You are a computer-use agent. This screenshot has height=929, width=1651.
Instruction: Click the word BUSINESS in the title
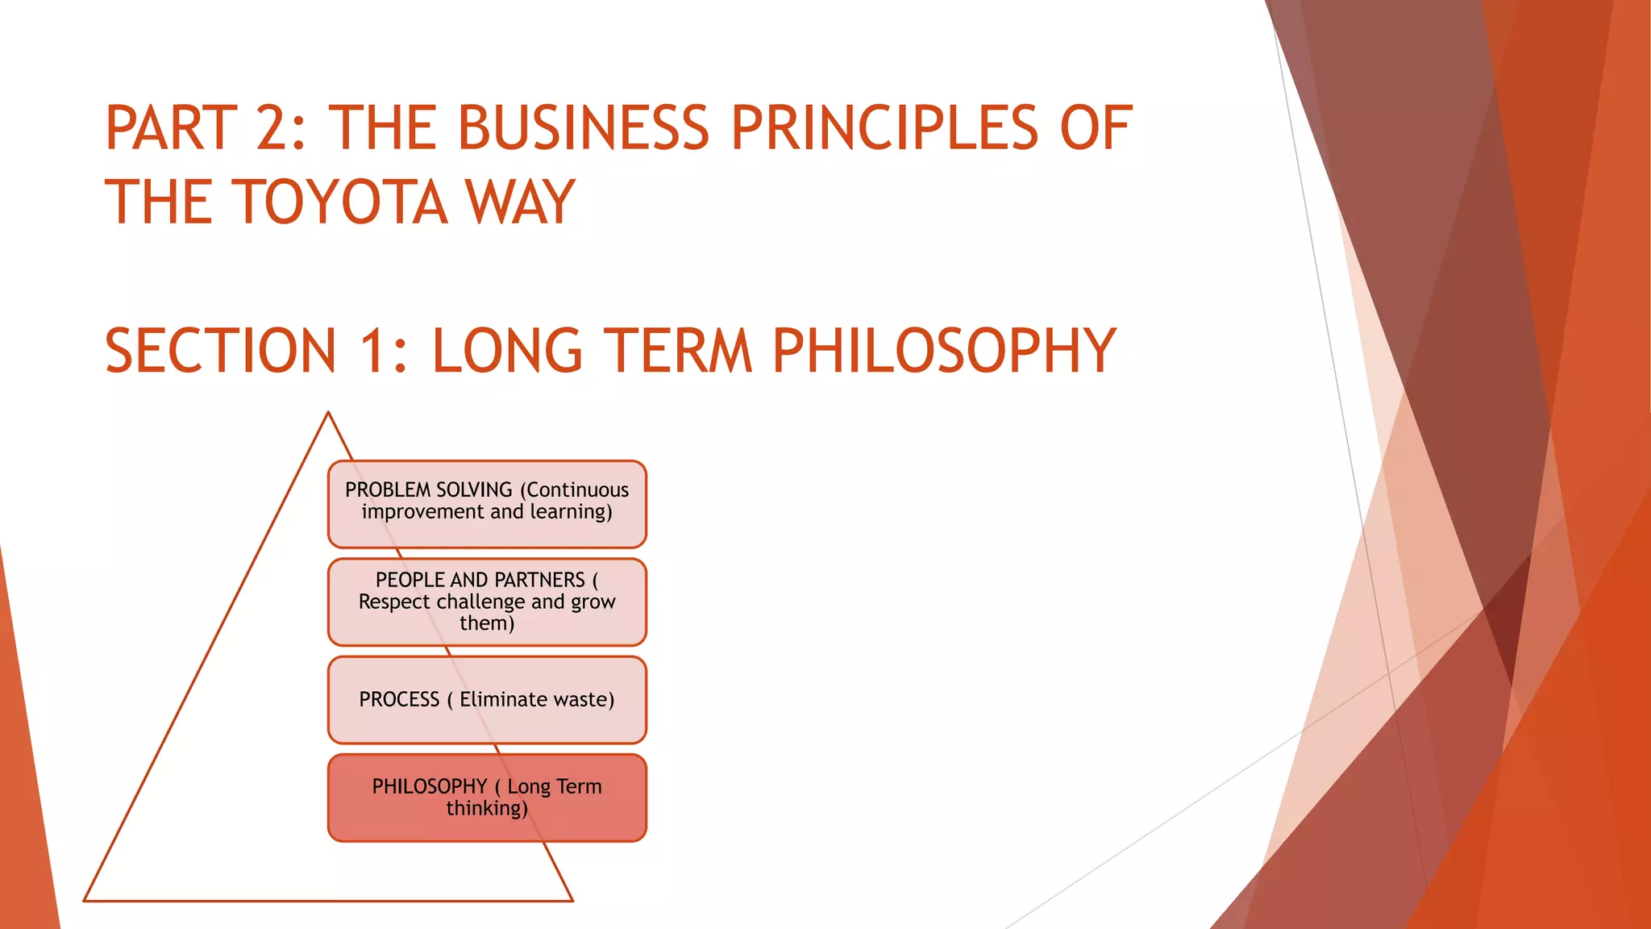click(584, 129)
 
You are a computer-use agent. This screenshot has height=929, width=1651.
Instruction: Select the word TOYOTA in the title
click(342, 202)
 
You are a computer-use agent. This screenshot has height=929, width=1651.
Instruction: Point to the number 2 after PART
click(277, 129)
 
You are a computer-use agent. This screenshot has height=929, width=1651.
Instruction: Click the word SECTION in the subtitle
click(220, 352)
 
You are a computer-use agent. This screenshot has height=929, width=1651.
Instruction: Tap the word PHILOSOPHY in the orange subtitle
click(943, 352)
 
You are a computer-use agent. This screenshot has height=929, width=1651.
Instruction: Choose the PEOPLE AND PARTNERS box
click(487, 602)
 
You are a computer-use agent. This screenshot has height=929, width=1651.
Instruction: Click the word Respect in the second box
click(394, 602)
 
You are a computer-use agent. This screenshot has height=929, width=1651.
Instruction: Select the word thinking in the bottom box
click(486, 808)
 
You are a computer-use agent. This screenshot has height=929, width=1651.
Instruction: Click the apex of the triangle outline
click(328, 413)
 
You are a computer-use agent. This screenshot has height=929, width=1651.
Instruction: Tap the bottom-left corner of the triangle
click(85, 900)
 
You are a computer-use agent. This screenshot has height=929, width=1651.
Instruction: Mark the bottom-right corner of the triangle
click(572, 900)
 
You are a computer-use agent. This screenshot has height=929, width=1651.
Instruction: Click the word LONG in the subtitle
click(506, 352)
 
